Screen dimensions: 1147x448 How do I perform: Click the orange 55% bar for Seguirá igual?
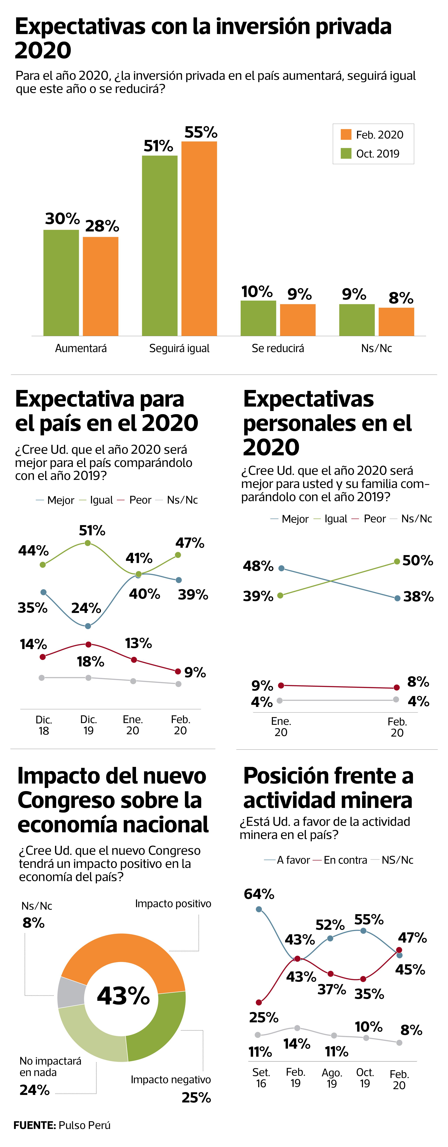(199, 238)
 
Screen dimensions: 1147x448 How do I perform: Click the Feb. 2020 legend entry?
(372, 134)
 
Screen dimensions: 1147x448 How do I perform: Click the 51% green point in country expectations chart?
(88, 543)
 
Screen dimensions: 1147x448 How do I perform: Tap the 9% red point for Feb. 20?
(178, 671)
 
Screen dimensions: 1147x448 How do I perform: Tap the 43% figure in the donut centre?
(123, 996)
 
